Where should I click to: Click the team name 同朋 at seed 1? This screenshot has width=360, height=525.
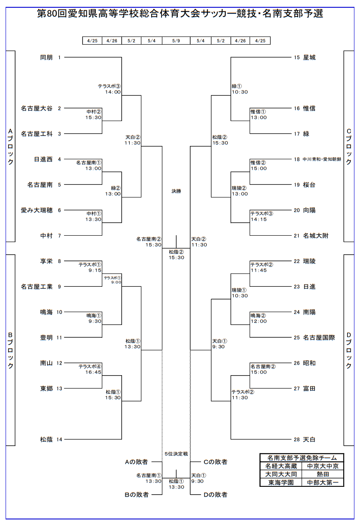click(46, 57)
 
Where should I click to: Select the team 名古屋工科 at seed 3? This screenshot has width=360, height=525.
click(37, 134)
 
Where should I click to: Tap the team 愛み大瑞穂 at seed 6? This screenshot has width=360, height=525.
click(37, 210)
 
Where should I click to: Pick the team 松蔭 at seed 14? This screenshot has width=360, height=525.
click(46, 439)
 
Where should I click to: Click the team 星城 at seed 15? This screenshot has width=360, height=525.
click(309, 57)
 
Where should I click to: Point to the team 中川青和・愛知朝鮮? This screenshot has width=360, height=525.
click(322, 159)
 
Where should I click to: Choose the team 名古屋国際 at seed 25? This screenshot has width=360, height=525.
click(319, 337)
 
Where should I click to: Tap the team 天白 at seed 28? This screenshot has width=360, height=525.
click(309, 439)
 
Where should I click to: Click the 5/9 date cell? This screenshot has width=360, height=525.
click(176, 41)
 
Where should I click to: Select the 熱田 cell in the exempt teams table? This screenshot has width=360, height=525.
click(323, 474)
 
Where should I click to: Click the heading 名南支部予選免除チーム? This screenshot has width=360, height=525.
click(302, 458)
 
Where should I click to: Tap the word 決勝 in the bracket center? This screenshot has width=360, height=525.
click(176, 191)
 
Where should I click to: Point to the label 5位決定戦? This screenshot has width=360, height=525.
click(176, 453)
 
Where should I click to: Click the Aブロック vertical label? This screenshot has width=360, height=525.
click(11, 146)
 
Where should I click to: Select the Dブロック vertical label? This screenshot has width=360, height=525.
click(349, 350)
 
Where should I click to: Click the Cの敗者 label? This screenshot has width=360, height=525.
click(215, 462)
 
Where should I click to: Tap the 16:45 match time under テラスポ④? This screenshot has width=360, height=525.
click(93, 372)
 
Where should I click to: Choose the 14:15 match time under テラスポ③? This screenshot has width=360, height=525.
click(259, 219)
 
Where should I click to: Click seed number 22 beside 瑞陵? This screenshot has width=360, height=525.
click(297, 261)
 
